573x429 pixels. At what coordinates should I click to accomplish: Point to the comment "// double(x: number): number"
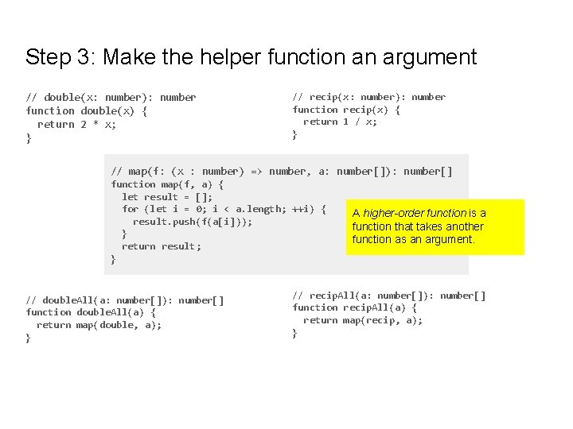111,97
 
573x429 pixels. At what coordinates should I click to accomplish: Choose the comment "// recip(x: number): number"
368,97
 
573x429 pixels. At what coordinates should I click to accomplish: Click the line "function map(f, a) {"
166,184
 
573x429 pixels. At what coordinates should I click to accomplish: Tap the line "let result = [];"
166,196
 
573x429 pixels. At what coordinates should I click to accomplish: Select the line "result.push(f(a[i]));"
192,221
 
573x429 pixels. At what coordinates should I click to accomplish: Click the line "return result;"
161,246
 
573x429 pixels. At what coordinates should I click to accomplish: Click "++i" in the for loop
301,209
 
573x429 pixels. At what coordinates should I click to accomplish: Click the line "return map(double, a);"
99,325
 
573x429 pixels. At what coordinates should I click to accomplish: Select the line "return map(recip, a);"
362,320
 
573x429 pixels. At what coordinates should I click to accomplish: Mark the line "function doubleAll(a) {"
91,312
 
